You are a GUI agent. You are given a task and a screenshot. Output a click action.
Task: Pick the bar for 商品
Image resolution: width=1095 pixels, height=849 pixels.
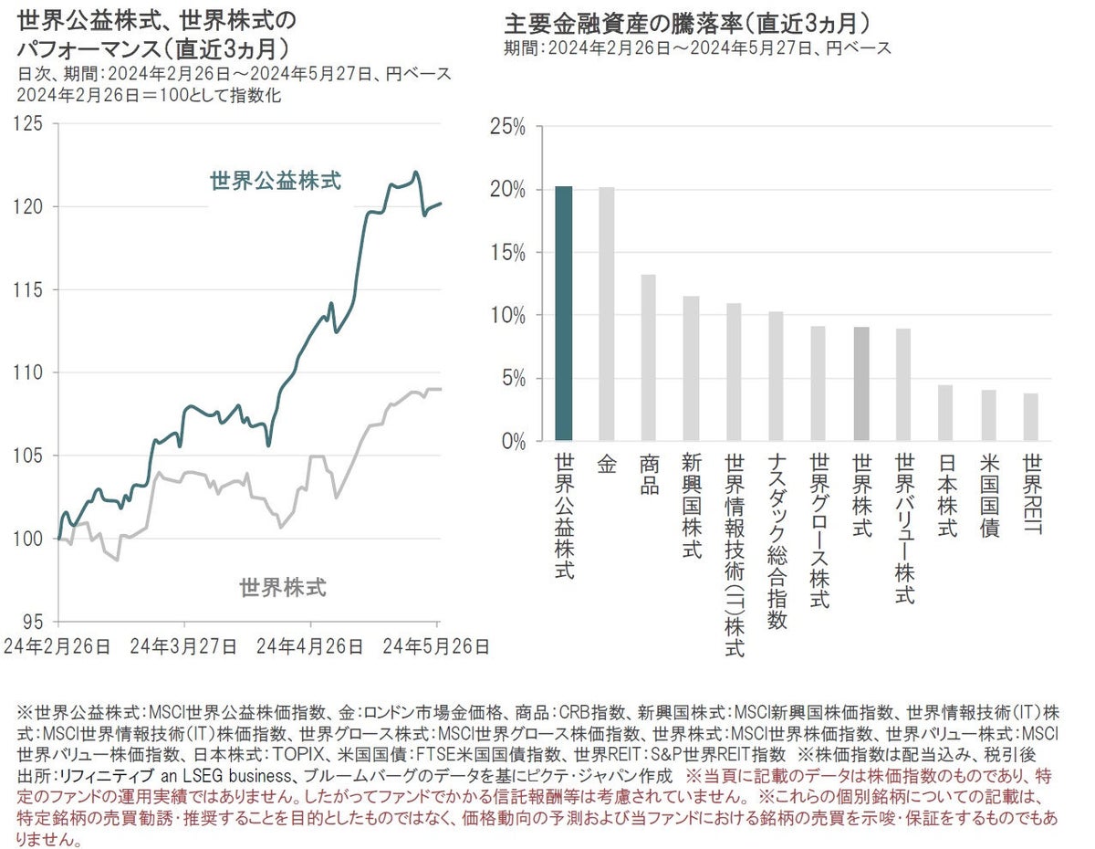[x=649, y=357]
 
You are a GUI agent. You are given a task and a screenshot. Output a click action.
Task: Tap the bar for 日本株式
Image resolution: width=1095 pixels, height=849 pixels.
[x=945, y=413]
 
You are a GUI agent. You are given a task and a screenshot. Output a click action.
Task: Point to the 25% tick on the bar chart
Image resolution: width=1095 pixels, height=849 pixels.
[x=506, y=127]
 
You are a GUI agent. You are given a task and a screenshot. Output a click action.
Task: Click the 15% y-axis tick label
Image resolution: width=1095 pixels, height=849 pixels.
[x=506, y=253]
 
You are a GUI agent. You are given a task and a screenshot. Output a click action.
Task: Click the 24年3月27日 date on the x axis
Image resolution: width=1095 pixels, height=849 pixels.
[x=183, y=646]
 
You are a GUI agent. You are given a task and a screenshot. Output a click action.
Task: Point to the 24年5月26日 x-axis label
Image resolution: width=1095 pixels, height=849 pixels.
[x=435, y=646]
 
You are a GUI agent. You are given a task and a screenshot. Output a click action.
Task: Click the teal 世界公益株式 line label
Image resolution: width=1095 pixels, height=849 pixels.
[x=276, y=181]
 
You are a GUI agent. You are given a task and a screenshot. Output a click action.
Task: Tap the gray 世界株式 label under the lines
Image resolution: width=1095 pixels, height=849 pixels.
[x=283, y=587]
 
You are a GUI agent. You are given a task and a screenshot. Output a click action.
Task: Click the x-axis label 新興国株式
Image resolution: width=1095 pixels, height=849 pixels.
[x=691, y=506]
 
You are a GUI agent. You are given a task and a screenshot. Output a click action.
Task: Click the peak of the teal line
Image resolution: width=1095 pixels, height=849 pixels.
[x=415, y=172]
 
